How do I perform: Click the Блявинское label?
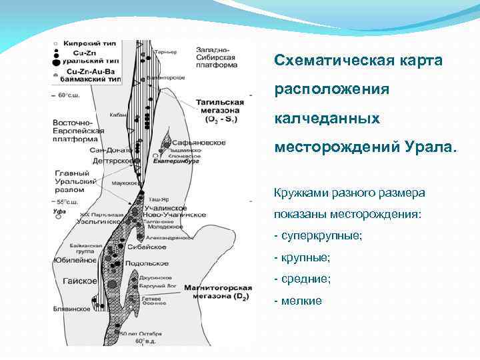click(71, 309)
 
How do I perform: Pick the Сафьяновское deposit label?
click(199, 143)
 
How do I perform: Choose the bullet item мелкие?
click(301, 301)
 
